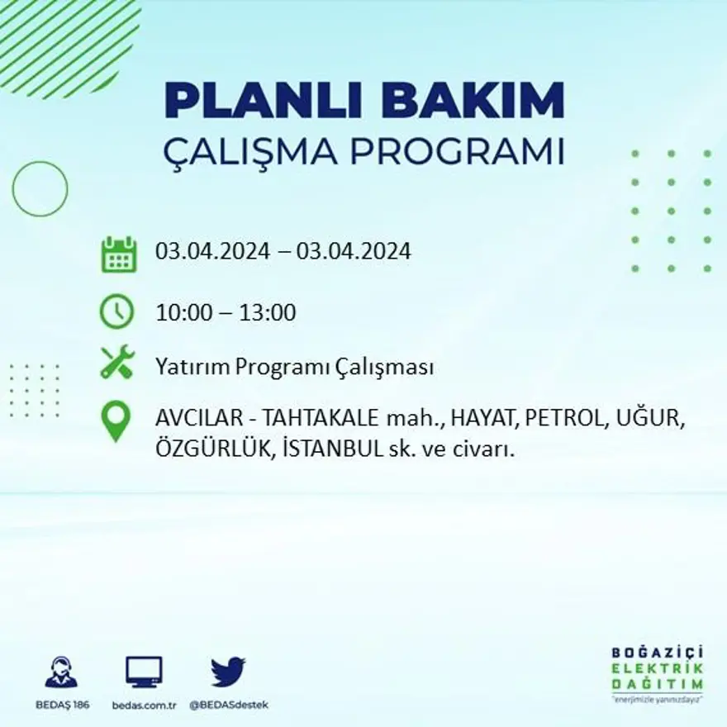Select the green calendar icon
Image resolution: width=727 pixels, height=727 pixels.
pyautogui.click(x=118, y=254)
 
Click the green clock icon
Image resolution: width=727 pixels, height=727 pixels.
pyautogui.click(x=116, y=312)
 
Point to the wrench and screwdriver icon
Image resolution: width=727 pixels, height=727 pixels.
pyautogui.click(x=117, y=363)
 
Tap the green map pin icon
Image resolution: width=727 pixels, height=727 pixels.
pyautogui.click(x=116, y=421)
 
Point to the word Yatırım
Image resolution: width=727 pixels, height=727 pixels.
pyautogui.click(x=189, y=368)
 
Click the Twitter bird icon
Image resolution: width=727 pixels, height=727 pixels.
pyautogui.click(x=227, y=672)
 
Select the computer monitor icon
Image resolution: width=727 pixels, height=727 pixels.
pyautogui.click(x=144, y=672)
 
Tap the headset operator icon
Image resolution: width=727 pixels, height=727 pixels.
pyautogui.click(x=61, y=672)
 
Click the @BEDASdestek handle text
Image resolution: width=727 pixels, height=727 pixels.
pyautogui.click(x=228, y=705)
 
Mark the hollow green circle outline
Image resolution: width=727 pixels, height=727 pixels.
pyautogui.click(x=40, y=189)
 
